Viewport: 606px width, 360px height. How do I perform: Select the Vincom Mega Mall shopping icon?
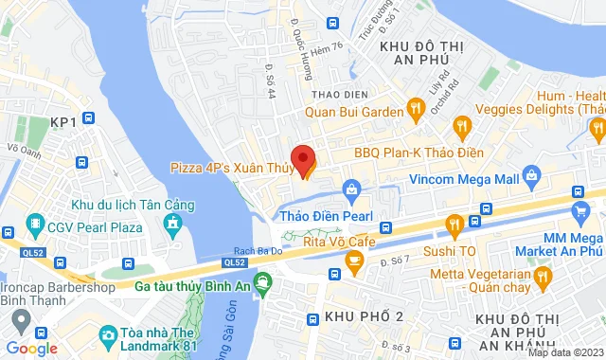coord(531,176)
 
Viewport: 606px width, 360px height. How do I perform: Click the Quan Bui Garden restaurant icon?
coord(414,107)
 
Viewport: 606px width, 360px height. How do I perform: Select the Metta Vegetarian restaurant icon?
coord(543,277)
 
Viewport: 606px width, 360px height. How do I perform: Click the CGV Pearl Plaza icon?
coord(35,225)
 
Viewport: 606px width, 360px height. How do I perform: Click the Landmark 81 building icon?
coord(109,335)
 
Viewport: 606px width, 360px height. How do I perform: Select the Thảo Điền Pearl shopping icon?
coord(351,190)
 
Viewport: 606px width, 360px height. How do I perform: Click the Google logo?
coord(31,348)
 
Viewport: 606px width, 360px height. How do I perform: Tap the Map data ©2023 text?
coord(565,353)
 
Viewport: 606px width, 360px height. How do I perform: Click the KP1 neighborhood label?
coord(63,122)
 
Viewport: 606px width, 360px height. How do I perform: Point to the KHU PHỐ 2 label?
coord(364,315)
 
